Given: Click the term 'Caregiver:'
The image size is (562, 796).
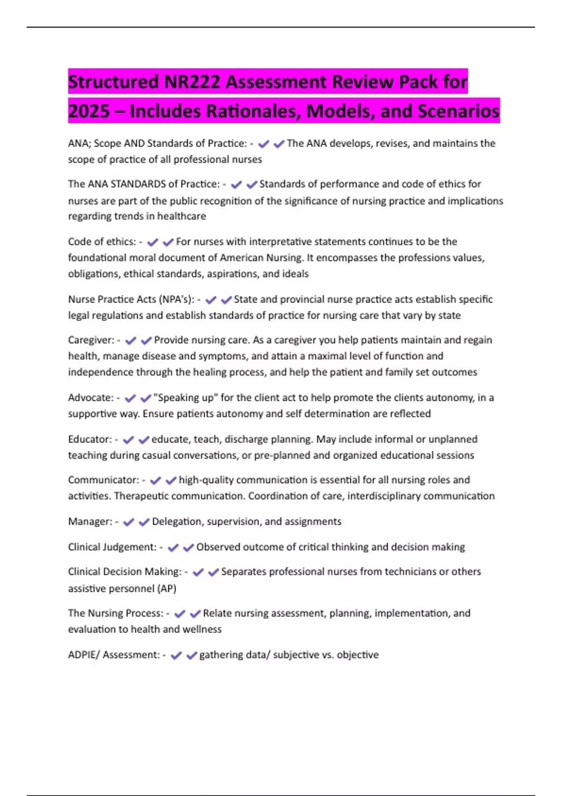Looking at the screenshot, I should (91, 340).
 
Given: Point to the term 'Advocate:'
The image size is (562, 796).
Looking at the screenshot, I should (91, 398).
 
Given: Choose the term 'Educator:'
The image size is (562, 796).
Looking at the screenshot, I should (90, 439).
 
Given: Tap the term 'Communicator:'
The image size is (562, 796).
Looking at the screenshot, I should (104, 480).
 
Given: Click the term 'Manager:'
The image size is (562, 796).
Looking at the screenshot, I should (90, 522).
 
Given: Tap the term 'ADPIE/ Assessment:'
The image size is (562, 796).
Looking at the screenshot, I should (114, 655).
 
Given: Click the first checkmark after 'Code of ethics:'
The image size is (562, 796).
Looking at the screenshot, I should (153, 242).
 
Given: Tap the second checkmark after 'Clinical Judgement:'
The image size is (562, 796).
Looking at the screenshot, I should (188, 547).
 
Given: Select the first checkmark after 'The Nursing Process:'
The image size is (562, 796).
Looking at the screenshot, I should (180, 614).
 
